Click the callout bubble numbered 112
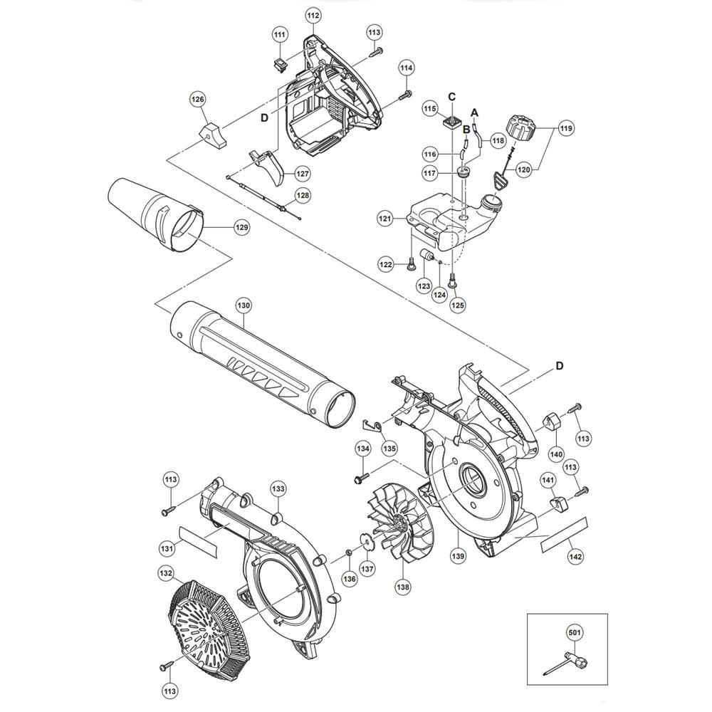[313, 16]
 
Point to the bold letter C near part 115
[451, 97]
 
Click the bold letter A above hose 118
[475, 112]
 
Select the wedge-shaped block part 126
[214, 136]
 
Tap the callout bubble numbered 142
[575, 556]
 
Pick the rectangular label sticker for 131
[198, 542]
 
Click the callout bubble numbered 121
[385, 219]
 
